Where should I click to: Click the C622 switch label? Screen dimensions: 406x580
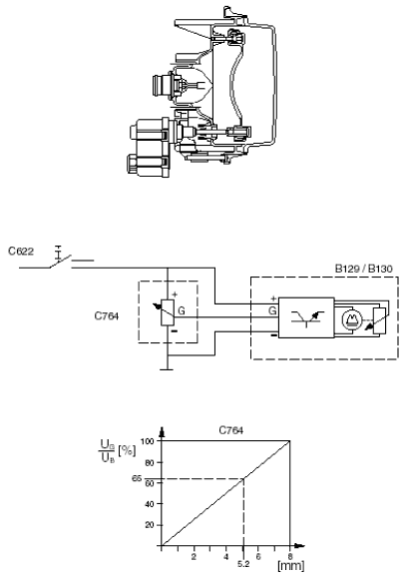pyautogui.click(x=21, y=252)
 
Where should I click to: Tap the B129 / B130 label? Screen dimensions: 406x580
pyautogui.click(x=363, y=269)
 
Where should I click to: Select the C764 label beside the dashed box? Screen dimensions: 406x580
pyautogui.click(x=107, y=316)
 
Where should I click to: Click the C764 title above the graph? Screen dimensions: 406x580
pyautogui.click(x=231, y=430)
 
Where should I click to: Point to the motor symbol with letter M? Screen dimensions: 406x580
pyautogui.click(x=350, y=320)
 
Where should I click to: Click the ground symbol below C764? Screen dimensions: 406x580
pyautogui.click(x=168, y=369)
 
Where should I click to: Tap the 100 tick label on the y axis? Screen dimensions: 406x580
pyautogui.click(x=148, y=441)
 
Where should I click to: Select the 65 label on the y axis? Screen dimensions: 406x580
pyautogui.click(x=137, y=478)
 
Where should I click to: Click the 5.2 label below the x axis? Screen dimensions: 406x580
pyautogui.click(x=243, y=564)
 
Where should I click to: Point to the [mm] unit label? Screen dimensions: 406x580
pyautogui.click(x=291, y=566)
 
